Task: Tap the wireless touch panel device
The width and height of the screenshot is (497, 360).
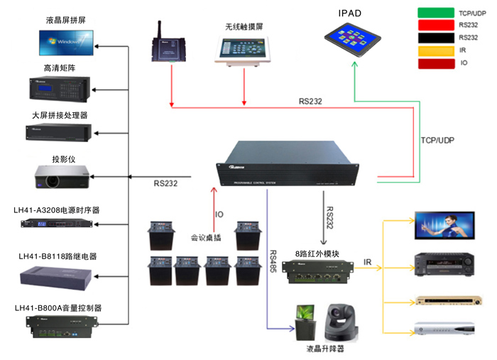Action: (x=244, y=50)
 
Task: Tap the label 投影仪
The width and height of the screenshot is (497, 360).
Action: (x=64, y=159)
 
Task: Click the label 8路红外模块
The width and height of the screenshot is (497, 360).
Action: (x=317, y=253)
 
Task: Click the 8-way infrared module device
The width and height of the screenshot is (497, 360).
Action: (x=317, y=271)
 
